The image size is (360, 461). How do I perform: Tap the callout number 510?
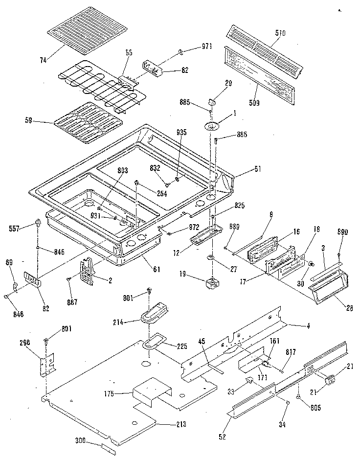(280, 33)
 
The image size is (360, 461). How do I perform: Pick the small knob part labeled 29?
(213, 102)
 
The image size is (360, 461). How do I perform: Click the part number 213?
(180, 424)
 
